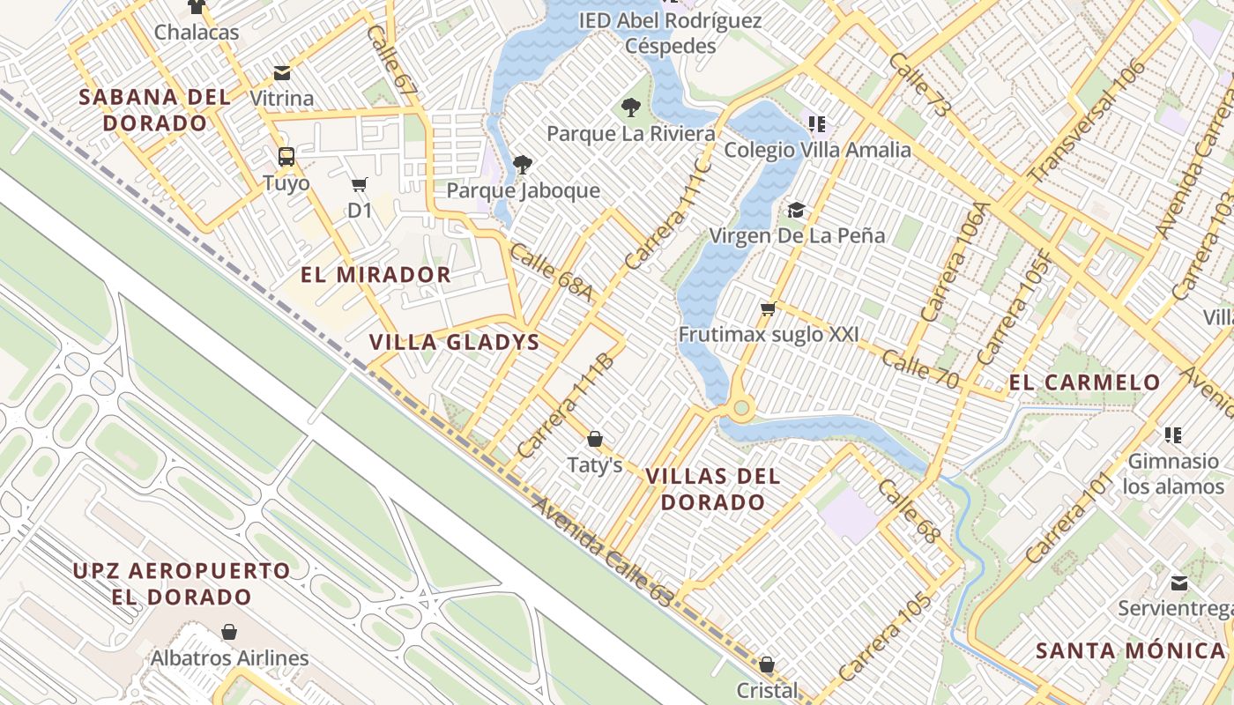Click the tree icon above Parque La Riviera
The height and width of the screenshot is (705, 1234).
(x=630, y=108)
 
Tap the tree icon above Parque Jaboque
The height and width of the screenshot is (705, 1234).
(x=523, y=164)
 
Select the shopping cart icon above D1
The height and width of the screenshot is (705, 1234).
(x=359, y=185)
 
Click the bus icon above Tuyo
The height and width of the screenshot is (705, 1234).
(x=286, y=157)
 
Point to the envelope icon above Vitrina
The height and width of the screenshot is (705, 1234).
(x=282, y=72)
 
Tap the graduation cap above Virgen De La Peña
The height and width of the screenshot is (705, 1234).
(x=797, y=210)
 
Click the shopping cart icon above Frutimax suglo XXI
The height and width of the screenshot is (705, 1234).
(x=768, y=308)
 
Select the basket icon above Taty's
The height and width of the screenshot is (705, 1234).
(x=595, y=439)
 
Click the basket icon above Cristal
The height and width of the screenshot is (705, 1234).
(x=767, y=664)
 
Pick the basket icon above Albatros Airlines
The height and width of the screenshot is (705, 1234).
(x=229, y=632)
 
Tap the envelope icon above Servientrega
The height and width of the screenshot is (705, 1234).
(x=1179, y=583)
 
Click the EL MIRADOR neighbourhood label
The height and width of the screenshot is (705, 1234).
(x=375, y=275)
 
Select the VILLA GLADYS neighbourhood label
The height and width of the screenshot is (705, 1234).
(x=454, y=343)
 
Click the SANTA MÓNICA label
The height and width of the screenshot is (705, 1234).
(x=1131, y=651)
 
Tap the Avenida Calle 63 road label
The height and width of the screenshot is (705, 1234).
(x=603, y=552)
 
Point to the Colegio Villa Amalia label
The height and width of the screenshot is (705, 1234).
(x=817, y=150)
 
